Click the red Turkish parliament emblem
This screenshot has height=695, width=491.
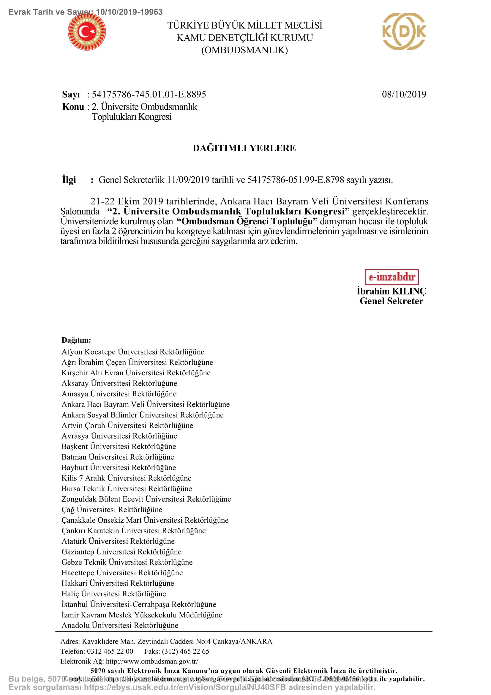tap(86, 31)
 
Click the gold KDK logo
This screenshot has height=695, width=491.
tap(404, 31)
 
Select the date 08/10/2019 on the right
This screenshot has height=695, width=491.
tap(404, 94)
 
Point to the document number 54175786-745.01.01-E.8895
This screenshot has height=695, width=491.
tap(149, 94)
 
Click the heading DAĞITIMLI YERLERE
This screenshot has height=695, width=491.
tap(244, 148)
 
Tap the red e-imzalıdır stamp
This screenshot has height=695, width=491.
tap(391, 277)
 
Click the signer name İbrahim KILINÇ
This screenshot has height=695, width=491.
tap(391, 291)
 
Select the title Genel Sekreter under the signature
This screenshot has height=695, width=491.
tap(391, 301)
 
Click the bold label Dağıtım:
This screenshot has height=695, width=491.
tap(76, 340)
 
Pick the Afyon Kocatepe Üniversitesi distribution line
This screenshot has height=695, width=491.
tap(133, 352)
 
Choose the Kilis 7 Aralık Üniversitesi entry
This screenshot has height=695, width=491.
tap(127, 478)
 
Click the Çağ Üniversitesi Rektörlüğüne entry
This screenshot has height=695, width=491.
tap(112, 510)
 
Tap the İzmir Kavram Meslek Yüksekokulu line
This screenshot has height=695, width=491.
tap(142, 615)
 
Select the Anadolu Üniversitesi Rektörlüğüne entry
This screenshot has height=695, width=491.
tap(120, 625)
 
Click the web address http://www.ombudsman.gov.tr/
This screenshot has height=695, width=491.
tap(152, 661)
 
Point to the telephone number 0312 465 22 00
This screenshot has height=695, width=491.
tap(110, 651)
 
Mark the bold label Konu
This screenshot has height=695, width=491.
tap(73, 107)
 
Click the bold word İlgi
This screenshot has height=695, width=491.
tap(69, 180)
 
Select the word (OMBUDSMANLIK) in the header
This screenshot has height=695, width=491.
tap(244, 50)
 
